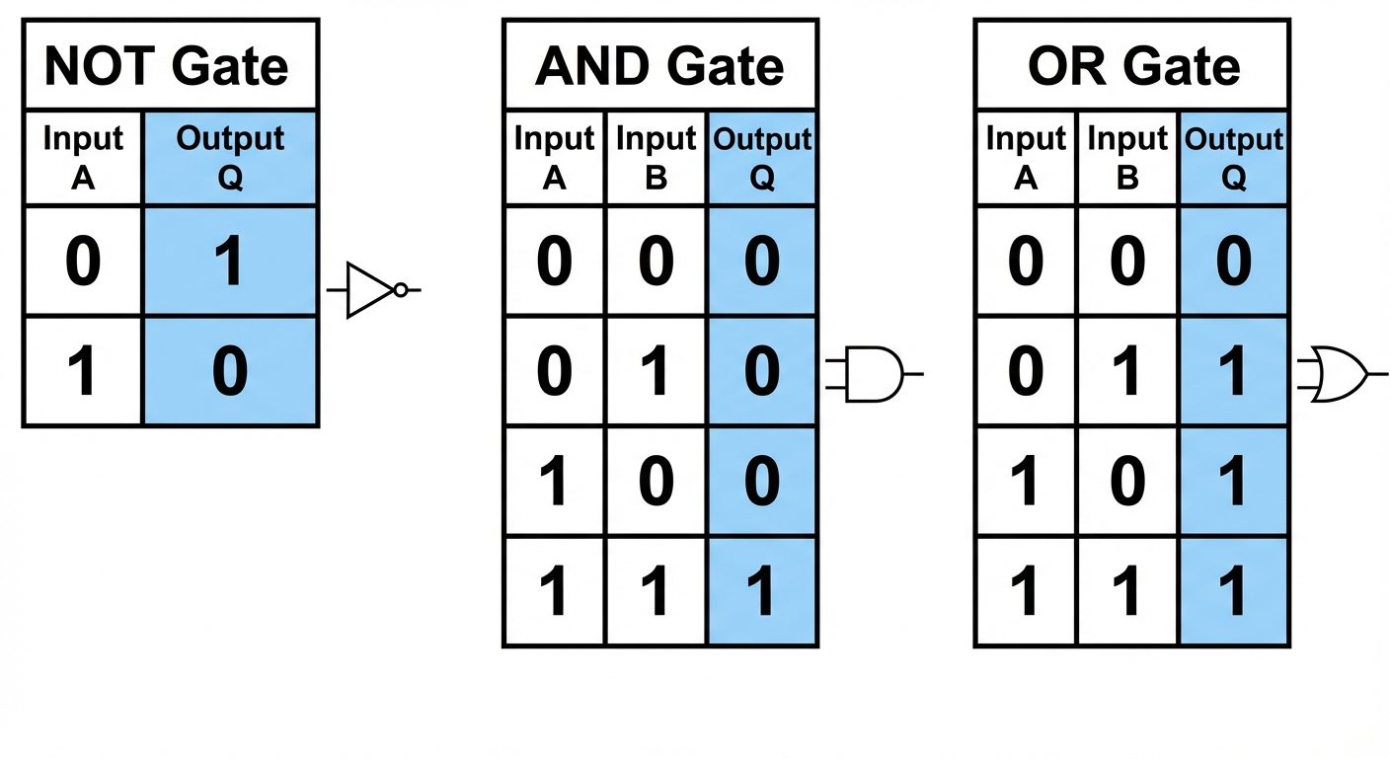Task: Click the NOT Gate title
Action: click(x=168, y=66)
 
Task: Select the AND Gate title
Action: click(x=659, y=66)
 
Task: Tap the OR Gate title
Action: click(x=1133, y=66)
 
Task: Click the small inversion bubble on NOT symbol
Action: click(x=400, y=290)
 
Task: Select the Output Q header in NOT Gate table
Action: click(x=230, y=158)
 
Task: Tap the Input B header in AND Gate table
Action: click(x=656, y=158)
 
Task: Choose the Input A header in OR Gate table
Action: click(x=1026, y=158)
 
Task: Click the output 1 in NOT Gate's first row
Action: click(x=230, y=263)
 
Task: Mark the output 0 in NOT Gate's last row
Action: click(x=230, y=372)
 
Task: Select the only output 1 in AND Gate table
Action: click(x=762, y=592)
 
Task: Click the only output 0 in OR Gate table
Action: click(x=1234, y=263)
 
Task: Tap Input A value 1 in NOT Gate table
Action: click(x=83, y=372)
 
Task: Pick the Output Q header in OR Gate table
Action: click(x=1234, y=158)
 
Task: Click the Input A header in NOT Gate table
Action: click(x=83, y=158)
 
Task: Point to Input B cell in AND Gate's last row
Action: click(x=656, y=592)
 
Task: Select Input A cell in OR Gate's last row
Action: click(x=1026, y=592)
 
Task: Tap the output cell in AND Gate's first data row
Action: click(x=762, y=263)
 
